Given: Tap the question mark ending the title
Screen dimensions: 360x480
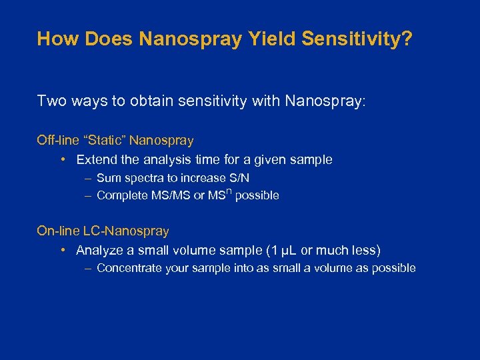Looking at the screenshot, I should point(408,39).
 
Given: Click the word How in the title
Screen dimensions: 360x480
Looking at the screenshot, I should point(53,39).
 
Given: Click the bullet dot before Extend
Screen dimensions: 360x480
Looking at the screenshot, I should point(61,160).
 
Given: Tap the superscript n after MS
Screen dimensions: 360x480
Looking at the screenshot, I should point(229,192).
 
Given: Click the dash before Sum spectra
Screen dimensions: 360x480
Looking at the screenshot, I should point(88,178).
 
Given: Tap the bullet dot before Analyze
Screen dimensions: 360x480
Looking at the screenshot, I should point(61,251).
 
